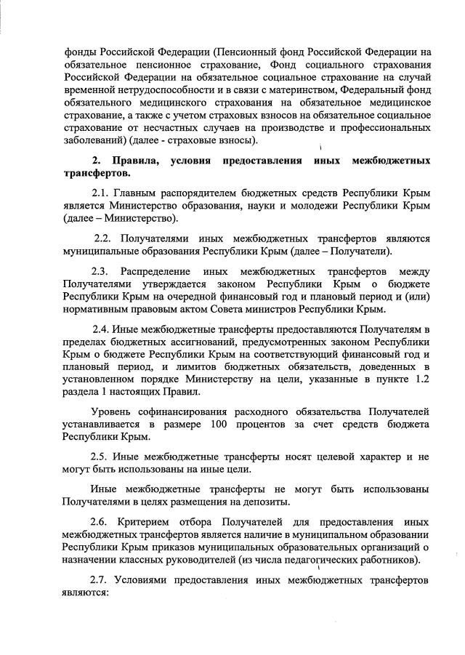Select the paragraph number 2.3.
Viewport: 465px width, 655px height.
102,271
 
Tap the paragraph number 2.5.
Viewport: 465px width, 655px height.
102,457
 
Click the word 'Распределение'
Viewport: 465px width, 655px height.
157,271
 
